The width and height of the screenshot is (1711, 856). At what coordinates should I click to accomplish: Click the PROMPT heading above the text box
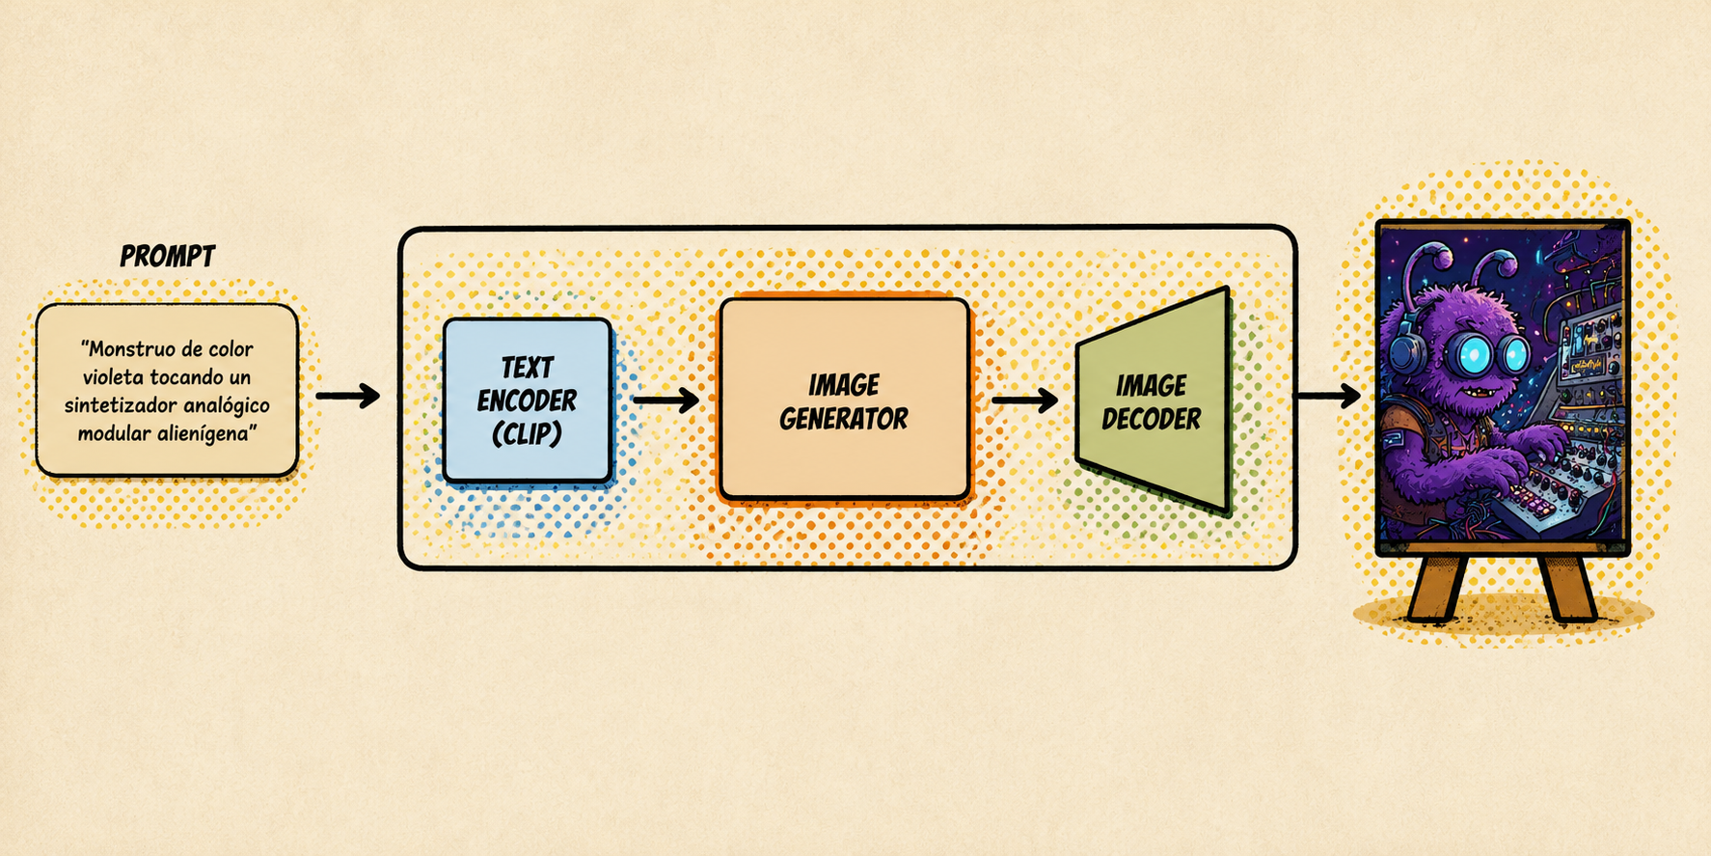168,256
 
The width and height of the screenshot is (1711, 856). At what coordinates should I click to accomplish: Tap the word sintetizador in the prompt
121,405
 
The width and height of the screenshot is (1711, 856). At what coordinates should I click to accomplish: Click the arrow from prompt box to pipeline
348,396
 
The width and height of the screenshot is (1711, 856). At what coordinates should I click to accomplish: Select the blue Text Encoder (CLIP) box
528,400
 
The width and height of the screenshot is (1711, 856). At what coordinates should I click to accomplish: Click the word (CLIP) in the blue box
527,434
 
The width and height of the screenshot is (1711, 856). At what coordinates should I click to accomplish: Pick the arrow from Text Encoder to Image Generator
666,399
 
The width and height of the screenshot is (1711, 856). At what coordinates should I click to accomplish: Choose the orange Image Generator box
845,399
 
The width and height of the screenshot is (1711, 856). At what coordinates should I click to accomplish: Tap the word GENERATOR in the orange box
844,419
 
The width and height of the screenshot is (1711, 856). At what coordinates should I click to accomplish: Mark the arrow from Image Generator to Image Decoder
1024,399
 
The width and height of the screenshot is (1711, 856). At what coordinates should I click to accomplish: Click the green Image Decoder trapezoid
1154,400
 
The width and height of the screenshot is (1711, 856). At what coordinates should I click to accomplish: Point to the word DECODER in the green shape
1152,419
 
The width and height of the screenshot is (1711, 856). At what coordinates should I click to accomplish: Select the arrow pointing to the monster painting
1328,395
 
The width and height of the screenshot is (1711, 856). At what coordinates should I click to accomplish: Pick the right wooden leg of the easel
1566,585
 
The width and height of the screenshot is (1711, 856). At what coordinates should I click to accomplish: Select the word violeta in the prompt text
113,377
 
